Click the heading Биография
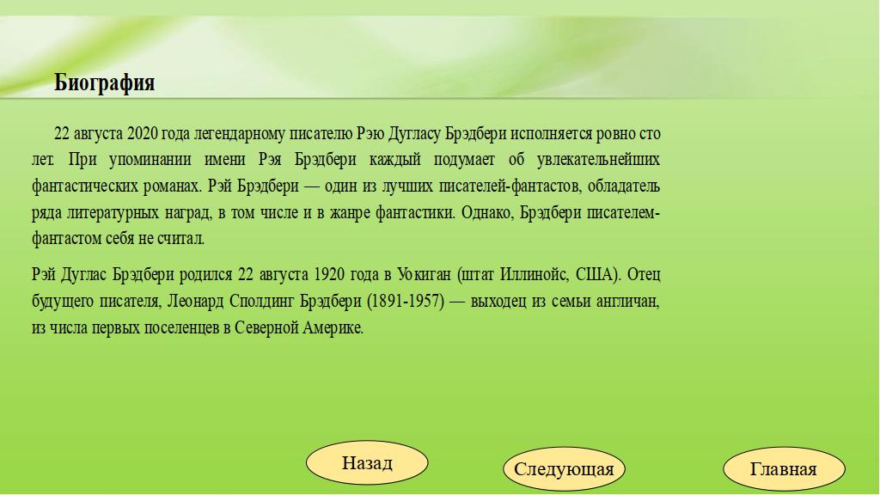pos(104,83)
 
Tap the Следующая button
pos(564,469)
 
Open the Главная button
pos(784,469)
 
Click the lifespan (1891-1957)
pos(406,302)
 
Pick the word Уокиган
pos(424,275)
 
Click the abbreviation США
pos(596,275)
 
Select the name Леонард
pos(195,302)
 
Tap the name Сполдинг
pos(261,302)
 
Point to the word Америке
pos(333,328)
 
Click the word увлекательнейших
pos(598,160)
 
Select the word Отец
pos(644,275)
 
